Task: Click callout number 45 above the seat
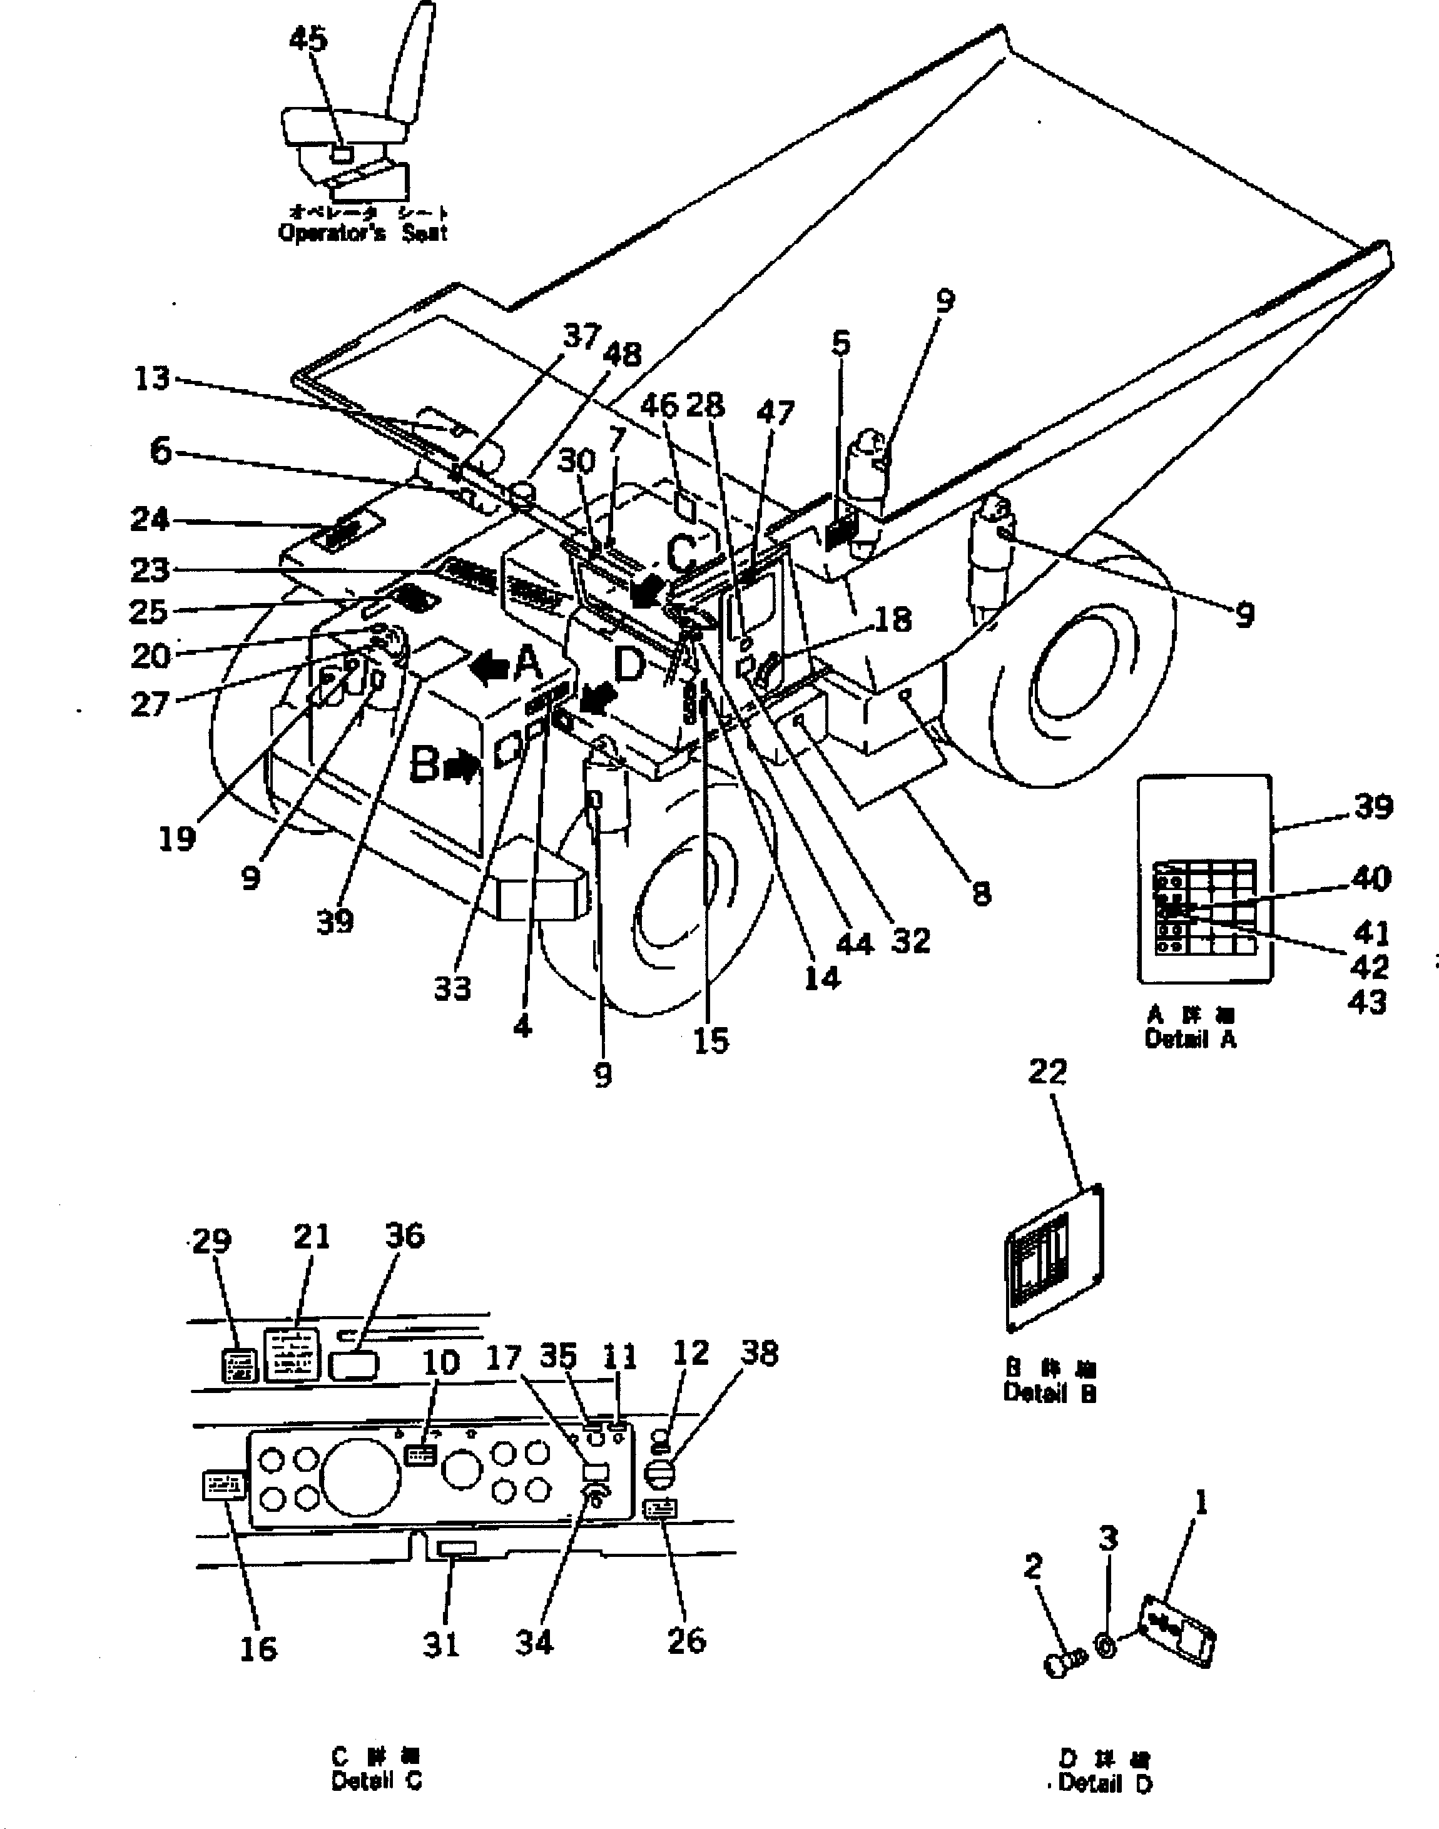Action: [x=308, y=39]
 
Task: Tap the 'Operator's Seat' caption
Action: [x=362, y=233]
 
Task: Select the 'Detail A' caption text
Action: [x=1189, y=1040]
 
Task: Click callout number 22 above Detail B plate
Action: [x=1047, y=1072]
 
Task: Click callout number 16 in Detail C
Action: [x=258, y=1649]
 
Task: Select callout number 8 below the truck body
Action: [x=982, y=893]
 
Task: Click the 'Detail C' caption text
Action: [x=376, y=1782]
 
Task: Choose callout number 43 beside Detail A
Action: [x=1366, y=1002]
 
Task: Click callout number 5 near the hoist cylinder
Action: [x=840, y=343]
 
